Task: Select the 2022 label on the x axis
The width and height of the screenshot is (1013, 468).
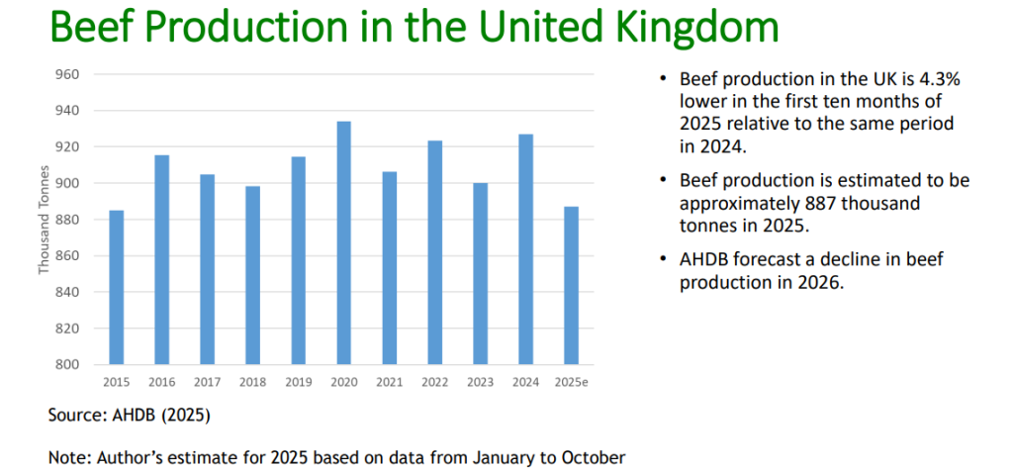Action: (435, 381)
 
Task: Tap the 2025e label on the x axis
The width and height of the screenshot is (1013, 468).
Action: (572, 381)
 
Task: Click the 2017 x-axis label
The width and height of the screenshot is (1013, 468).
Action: (208, 381)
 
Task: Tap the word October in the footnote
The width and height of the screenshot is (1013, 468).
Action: (595, 457)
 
